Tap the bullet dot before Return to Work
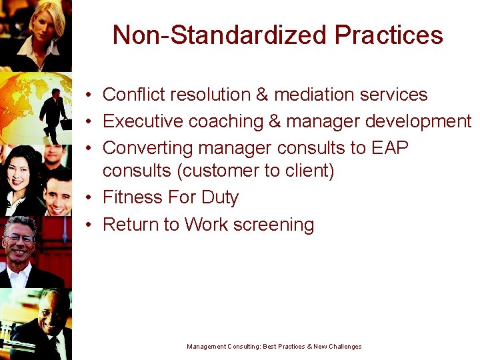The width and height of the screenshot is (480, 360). click(89, 225)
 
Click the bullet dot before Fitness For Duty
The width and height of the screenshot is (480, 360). click(89, 198)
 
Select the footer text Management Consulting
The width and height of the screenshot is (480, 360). click(223, 347)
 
